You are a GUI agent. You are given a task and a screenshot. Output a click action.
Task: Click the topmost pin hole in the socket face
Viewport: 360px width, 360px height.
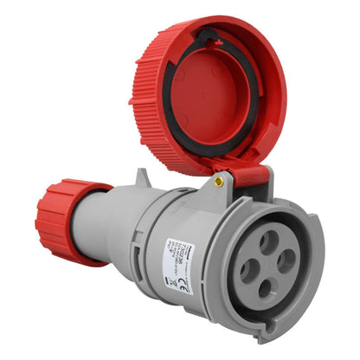[x=269, y=236]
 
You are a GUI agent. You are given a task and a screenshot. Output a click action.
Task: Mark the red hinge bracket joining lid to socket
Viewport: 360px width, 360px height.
[x=249, y=176]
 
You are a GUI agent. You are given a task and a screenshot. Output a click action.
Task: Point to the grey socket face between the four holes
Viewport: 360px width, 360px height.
[x=269, y=263]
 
